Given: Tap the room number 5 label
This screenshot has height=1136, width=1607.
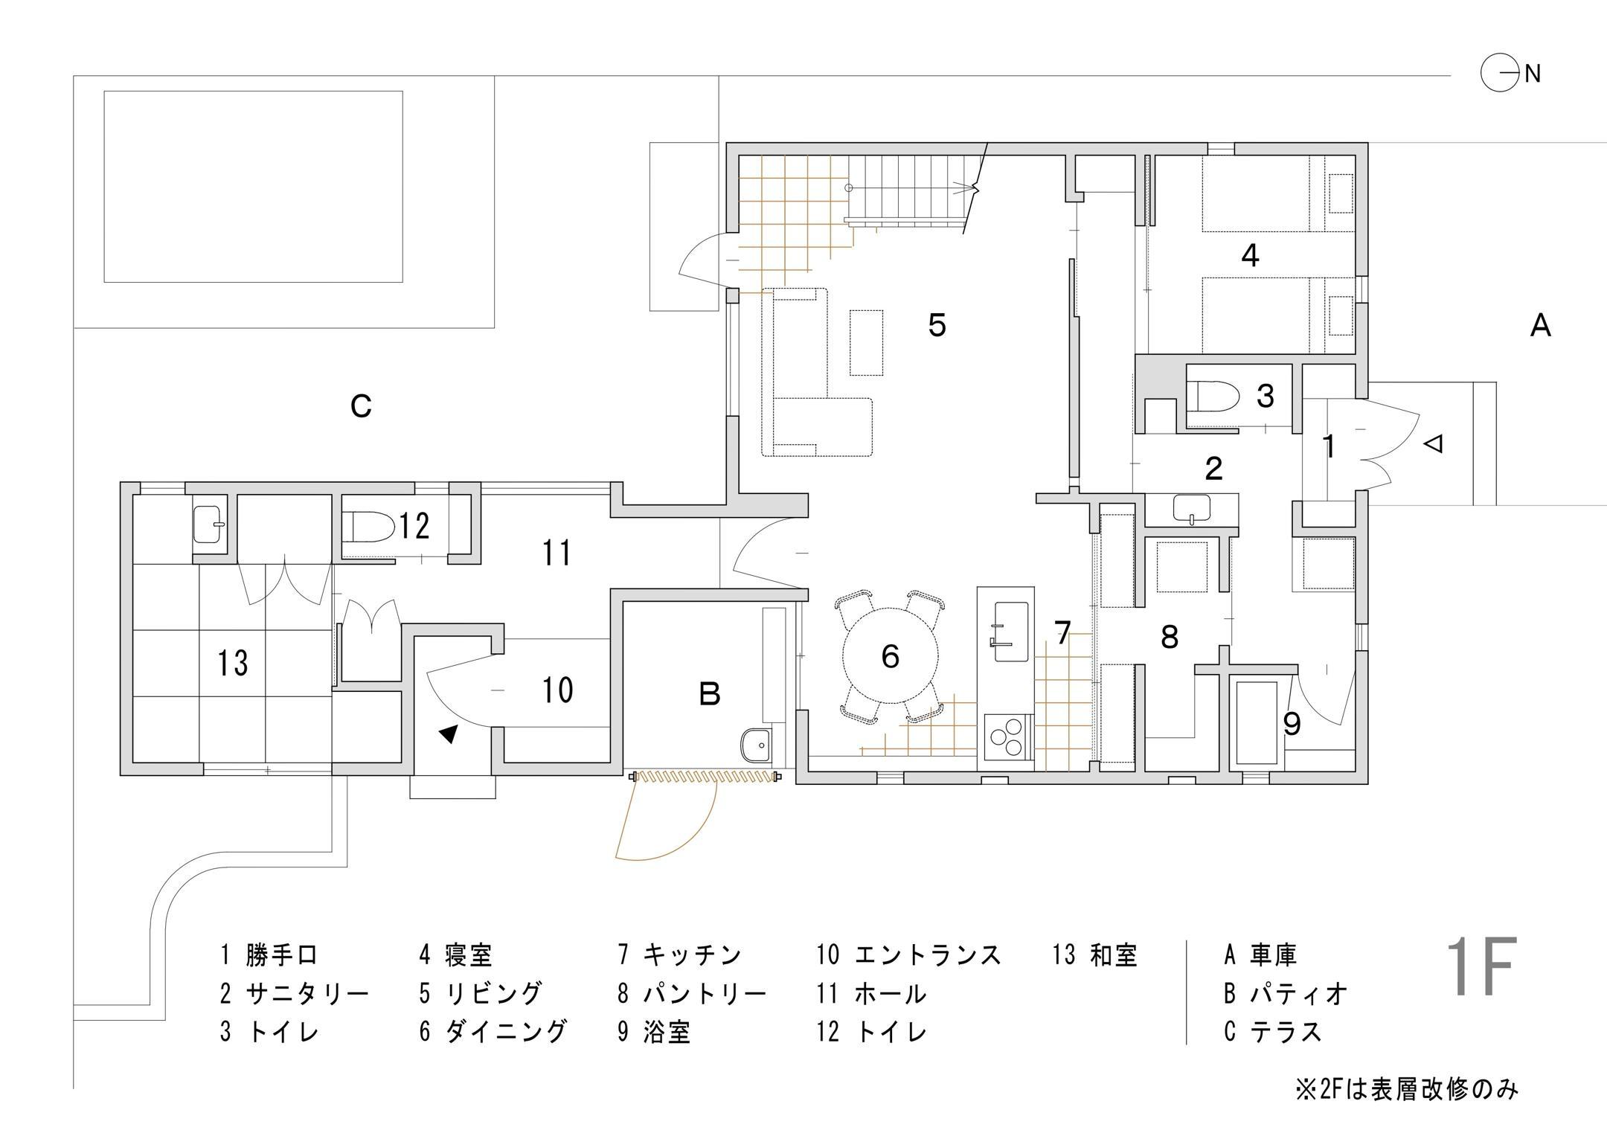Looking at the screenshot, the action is [x=937, y=325].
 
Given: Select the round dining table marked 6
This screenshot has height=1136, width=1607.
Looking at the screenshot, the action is [x=890, y=656].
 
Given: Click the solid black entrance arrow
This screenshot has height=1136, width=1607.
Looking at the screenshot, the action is [x=448, y=734].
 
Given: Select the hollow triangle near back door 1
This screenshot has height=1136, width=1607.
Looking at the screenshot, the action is [x=1433, y=445].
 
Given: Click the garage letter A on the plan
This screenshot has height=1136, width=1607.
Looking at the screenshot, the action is [x=1540, y=326].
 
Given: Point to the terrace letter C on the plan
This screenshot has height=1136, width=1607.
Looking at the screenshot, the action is [x=361, y=406].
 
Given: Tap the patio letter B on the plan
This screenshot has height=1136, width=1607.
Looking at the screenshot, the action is [x=710, y=694].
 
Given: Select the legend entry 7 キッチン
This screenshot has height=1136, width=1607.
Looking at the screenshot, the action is [x=680, y=954].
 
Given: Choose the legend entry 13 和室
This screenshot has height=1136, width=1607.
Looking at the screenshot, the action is [x=1095, y=954].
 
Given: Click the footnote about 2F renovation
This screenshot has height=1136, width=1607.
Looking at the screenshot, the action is [x=1406, y=1090].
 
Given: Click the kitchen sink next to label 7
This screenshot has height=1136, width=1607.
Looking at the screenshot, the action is [x=1005, y=631].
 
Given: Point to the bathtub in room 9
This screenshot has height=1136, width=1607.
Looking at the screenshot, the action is [x=1256, y=722].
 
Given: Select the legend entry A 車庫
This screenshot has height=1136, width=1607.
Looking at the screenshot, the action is [x=1260, y=954].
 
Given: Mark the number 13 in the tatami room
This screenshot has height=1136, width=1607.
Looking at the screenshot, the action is [x=233, y=662].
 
